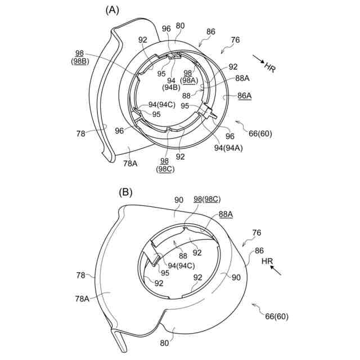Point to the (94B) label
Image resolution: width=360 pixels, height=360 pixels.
[171, 88]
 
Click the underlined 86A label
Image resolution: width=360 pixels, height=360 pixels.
[244, 96]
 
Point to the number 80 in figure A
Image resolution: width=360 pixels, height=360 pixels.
[180, 25]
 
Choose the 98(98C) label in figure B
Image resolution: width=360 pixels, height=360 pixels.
[206, 200]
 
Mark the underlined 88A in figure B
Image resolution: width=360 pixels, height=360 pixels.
[226, 214]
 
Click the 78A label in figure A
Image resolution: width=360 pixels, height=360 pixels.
[130, 163]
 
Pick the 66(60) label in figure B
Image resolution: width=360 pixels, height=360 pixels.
[276, 317]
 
